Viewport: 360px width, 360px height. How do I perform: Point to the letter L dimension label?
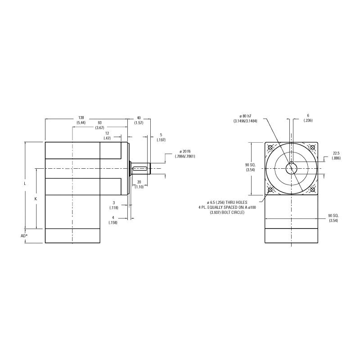click(x=25, y=184)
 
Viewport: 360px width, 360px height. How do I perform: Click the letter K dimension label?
click(x=36, y=198)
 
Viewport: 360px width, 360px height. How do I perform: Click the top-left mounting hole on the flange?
click(x=270, y=147)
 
